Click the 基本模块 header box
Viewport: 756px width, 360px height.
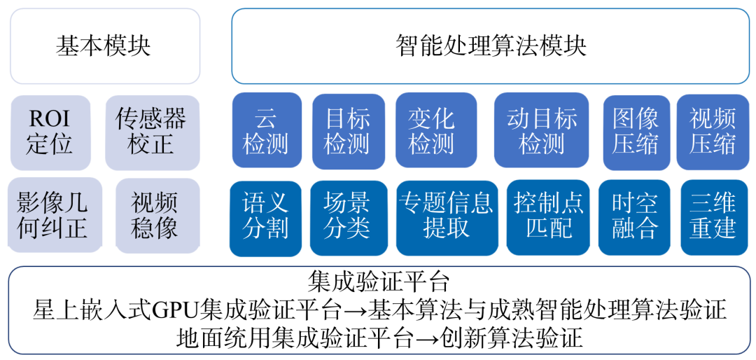[x=104, y=46]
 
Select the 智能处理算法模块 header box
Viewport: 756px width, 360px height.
[x=490, y=46]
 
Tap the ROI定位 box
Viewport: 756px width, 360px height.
[x=50, y=132]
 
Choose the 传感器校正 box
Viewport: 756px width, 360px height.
[x=151, y=132]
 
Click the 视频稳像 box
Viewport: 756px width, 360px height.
[x=155, y=216]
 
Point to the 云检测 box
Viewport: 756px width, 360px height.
[x=266, y=132]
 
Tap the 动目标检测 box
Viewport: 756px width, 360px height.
[x=541, y=132]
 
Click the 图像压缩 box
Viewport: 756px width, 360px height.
[x=636, y=132]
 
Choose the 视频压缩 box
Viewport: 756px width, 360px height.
[x=713, y=132]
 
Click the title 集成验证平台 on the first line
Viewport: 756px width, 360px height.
[x=378, y=282]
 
